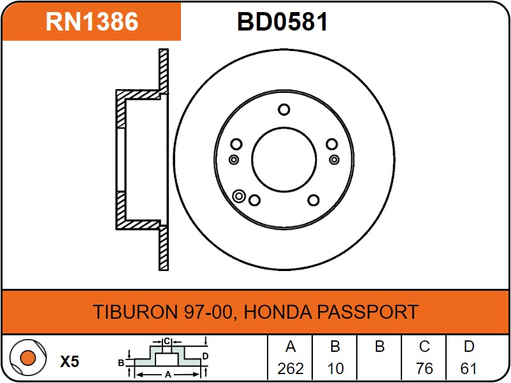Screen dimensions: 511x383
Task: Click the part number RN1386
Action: (92, 22)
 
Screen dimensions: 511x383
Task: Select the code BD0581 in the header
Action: (282, 22)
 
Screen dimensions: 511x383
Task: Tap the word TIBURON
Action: (135, 312)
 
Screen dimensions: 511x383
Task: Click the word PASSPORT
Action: (368, 312)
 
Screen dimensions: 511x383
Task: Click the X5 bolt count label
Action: (69, 361)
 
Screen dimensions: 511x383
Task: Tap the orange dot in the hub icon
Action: (27, 358)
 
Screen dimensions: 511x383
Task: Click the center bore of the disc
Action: (284, 160)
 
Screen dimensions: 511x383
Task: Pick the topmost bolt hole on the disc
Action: (284, 109)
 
